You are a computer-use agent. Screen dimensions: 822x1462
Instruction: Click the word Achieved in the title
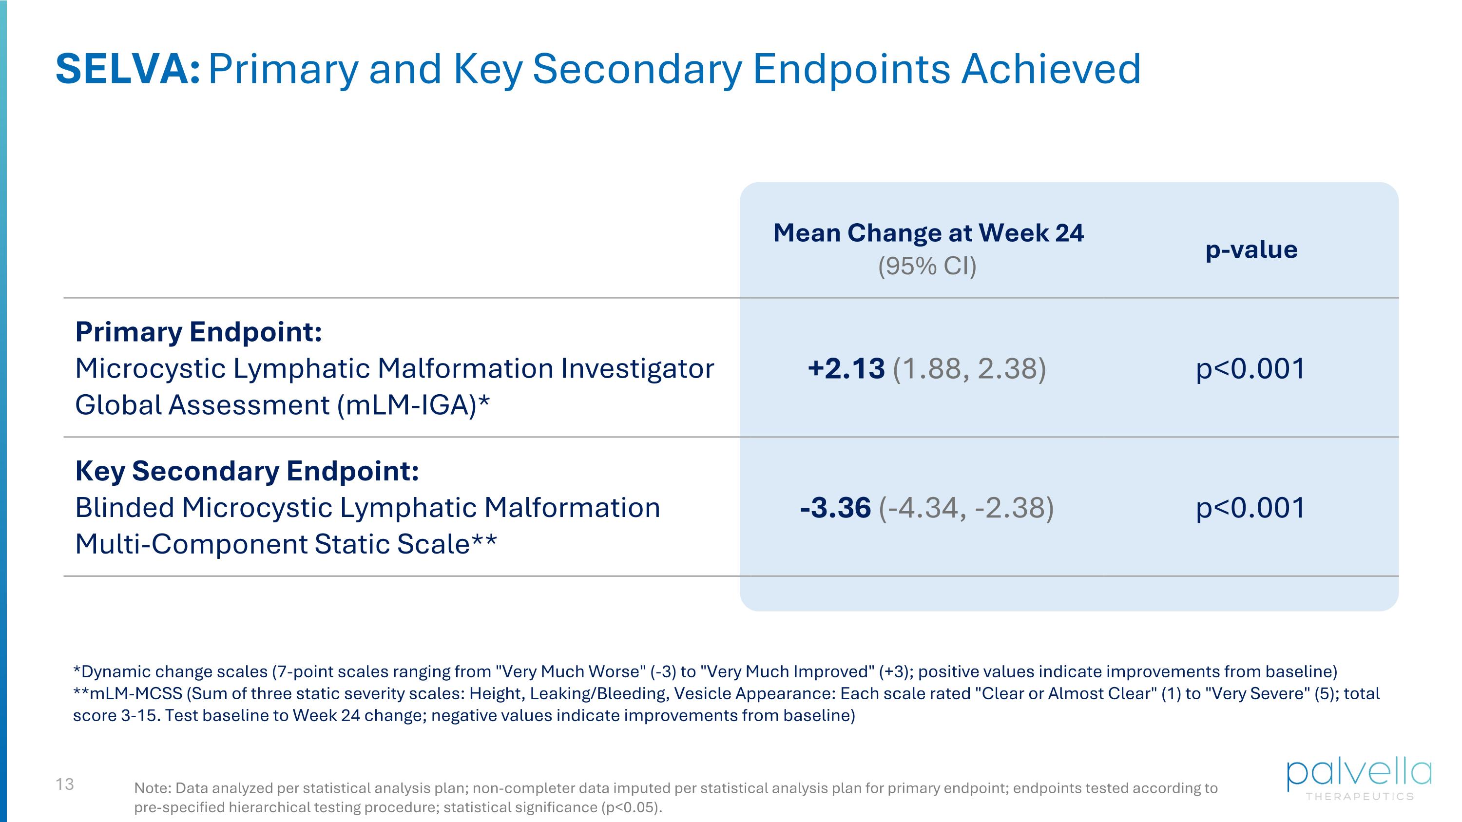click(x=1050, y=69)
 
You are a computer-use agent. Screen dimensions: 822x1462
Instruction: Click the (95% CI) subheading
click(x=927, y=266)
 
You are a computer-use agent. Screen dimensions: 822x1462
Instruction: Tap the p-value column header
click(x=1251, y=249)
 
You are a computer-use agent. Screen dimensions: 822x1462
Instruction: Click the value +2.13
click(x=846, y=369)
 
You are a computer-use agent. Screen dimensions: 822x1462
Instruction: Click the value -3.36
click(x=835, y=508)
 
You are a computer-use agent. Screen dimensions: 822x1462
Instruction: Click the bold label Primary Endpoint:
click(x=198, y=332)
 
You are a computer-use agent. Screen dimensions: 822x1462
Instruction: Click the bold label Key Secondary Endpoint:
click(x=247, y=471)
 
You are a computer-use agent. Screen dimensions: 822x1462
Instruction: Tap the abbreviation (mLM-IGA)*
click(x=413, y=405)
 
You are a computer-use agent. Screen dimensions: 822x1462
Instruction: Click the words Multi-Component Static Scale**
click(x=286, y=545)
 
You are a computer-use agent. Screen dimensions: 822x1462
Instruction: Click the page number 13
click(x=65, y=784)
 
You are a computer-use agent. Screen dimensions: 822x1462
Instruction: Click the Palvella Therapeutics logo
click(x=1359, y=780)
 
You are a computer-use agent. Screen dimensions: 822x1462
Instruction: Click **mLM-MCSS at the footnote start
click(x=128, y=694)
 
